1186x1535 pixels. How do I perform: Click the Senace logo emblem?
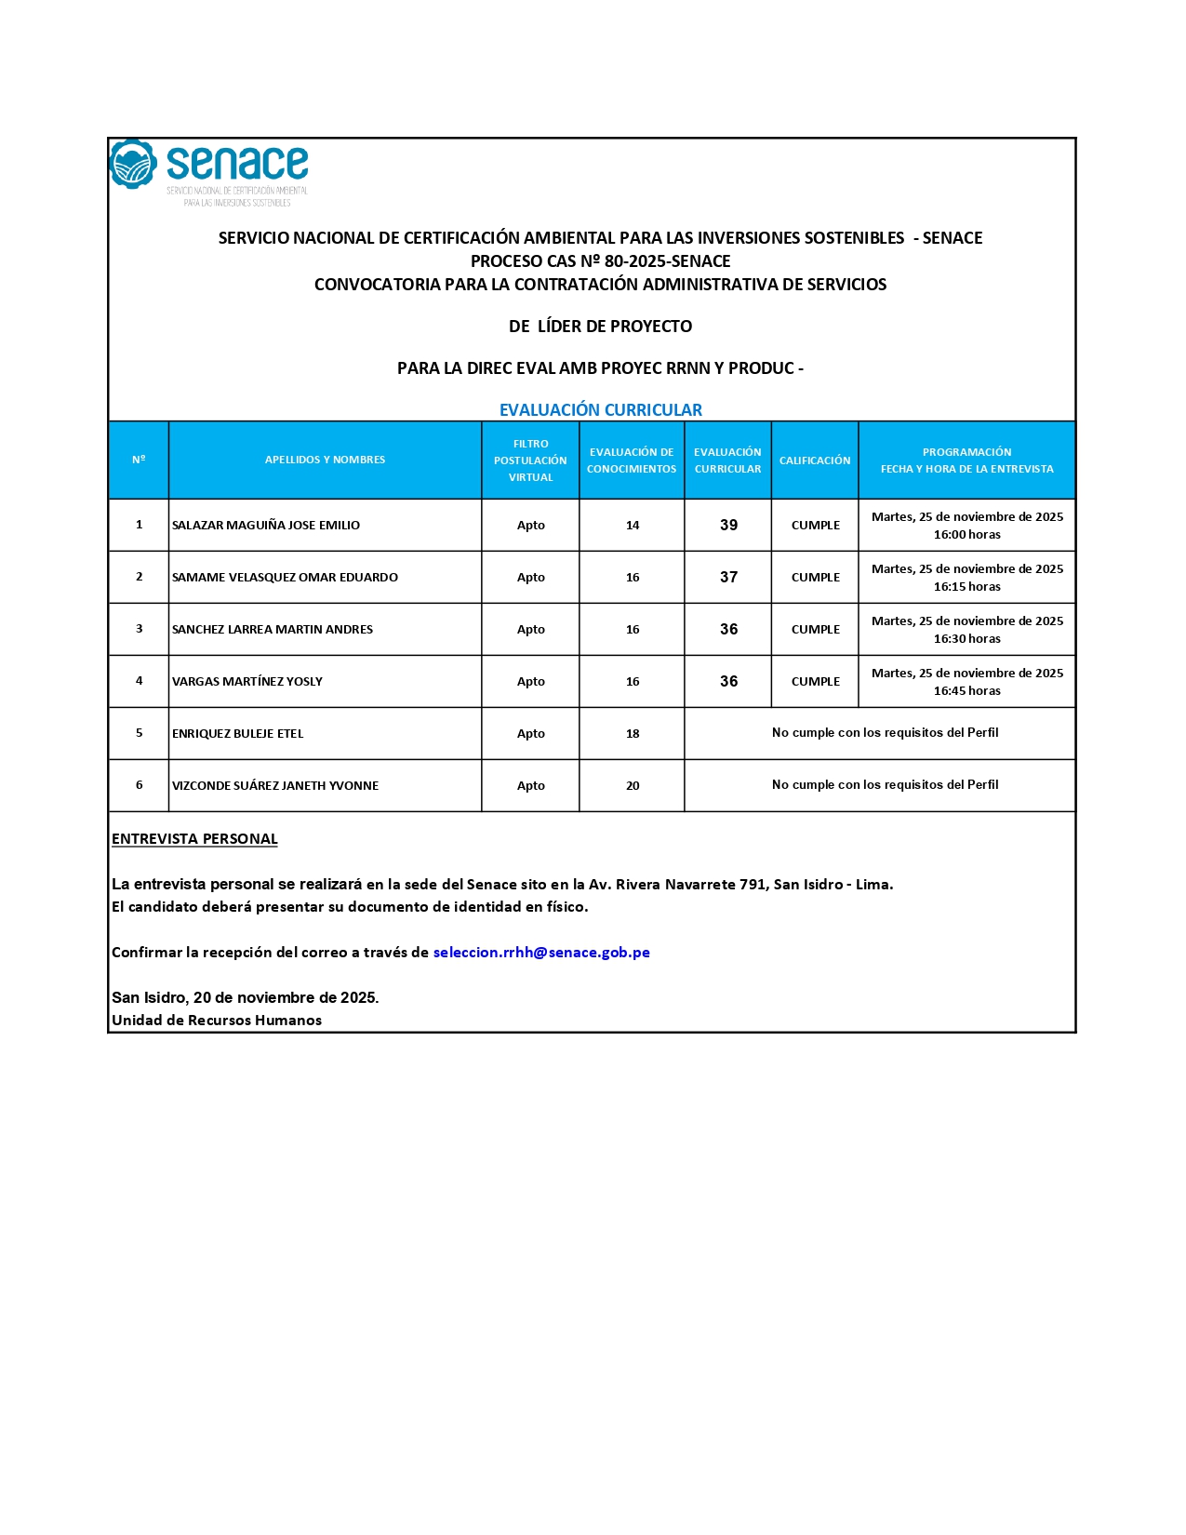click(133, 165)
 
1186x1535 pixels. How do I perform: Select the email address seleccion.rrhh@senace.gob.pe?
click(541, 952)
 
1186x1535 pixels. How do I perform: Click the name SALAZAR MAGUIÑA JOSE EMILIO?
click(266, 526)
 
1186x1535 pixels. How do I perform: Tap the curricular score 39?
click(728, 526)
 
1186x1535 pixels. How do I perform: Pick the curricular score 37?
click(728, 578)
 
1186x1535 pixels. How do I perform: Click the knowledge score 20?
click(633, 786)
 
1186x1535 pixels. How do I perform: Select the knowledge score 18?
click(633, 734)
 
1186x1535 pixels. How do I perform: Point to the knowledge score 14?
click(633, 526)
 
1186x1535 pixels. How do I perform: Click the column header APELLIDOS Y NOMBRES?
click(325, 460)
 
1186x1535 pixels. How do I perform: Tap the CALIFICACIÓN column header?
click(815, 460)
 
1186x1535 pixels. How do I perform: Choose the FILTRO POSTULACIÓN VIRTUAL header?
click(530, 460)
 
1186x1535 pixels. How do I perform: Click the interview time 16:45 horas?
click(967, 691)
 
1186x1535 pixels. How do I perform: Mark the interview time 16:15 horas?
click(967, 587)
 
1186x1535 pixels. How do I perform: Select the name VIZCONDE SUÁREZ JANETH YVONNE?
click(275, 786)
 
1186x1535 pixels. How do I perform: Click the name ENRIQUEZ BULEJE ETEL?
click(238, 734)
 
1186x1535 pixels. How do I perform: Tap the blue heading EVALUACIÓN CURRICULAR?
click(601, 410)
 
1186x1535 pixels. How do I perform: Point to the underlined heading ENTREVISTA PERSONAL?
click(194, 839)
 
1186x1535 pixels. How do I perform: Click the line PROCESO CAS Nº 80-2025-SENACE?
click(601, 261)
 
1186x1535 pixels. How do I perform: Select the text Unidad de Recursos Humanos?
click(217, 1021)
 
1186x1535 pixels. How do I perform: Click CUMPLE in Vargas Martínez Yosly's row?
click(816, 682)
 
